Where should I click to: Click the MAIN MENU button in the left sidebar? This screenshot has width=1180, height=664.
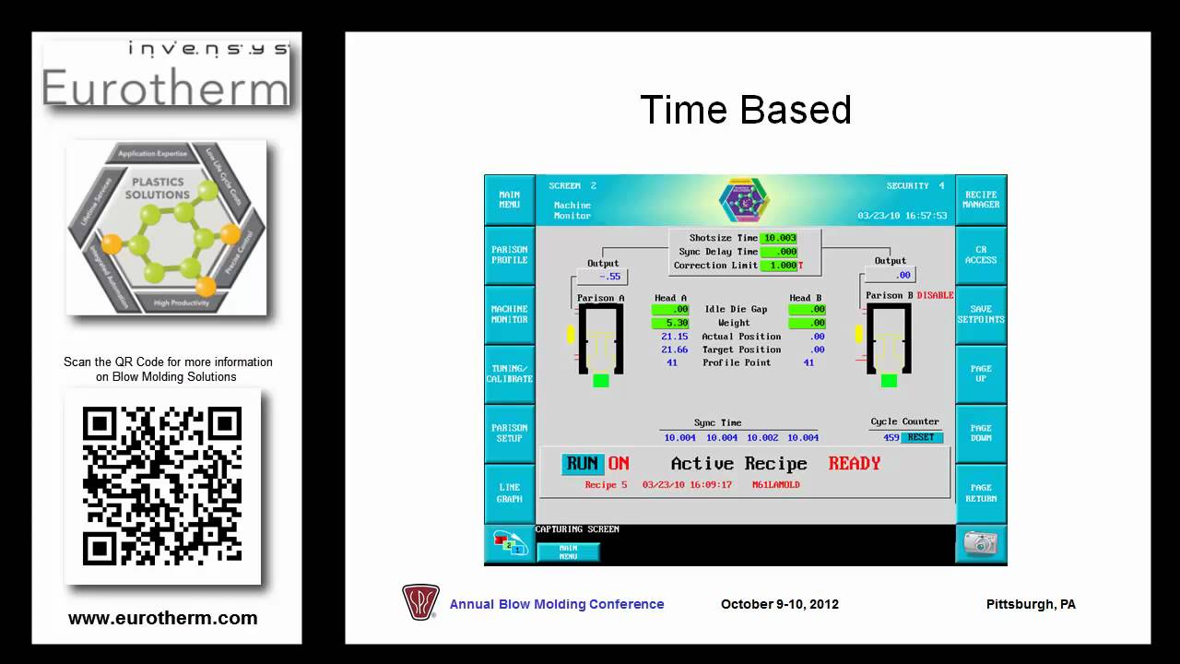click(x=510, y=199)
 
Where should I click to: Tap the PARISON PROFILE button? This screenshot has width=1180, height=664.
click(x=510, y=255)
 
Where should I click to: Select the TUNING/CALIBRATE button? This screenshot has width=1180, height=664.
click(x=510, y=373)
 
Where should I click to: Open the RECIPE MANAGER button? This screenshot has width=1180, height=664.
click(x=981, y=199)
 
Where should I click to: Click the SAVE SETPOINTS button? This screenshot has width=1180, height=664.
click(x=981, y=314)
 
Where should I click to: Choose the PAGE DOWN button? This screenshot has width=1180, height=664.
click(x=981, y=433)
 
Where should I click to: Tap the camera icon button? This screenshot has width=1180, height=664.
click(x=980, y=543)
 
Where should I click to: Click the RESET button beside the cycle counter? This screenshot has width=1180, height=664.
click(x=921, y=437)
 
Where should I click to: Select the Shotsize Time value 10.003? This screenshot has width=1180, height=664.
click(x=779, y=238)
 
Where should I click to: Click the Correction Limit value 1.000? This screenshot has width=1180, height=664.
click(x=779, y=266)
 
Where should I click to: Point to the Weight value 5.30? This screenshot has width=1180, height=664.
click(x=670, y=323)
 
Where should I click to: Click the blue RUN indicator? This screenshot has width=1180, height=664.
click(x=583, y=464)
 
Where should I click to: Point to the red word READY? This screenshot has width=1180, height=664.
click(x=854, y=464)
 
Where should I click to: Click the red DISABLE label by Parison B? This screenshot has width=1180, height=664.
click(x=935, y=295)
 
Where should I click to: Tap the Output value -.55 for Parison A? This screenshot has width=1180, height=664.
click(x=608, y=277)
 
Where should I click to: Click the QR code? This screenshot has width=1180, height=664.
click(x=162, y=486)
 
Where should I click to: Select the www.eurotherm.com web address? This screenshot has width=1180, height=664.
click(x=163, y=619)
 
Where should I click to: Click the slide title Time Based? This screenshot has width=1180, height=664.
click(x=745, y=110)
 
